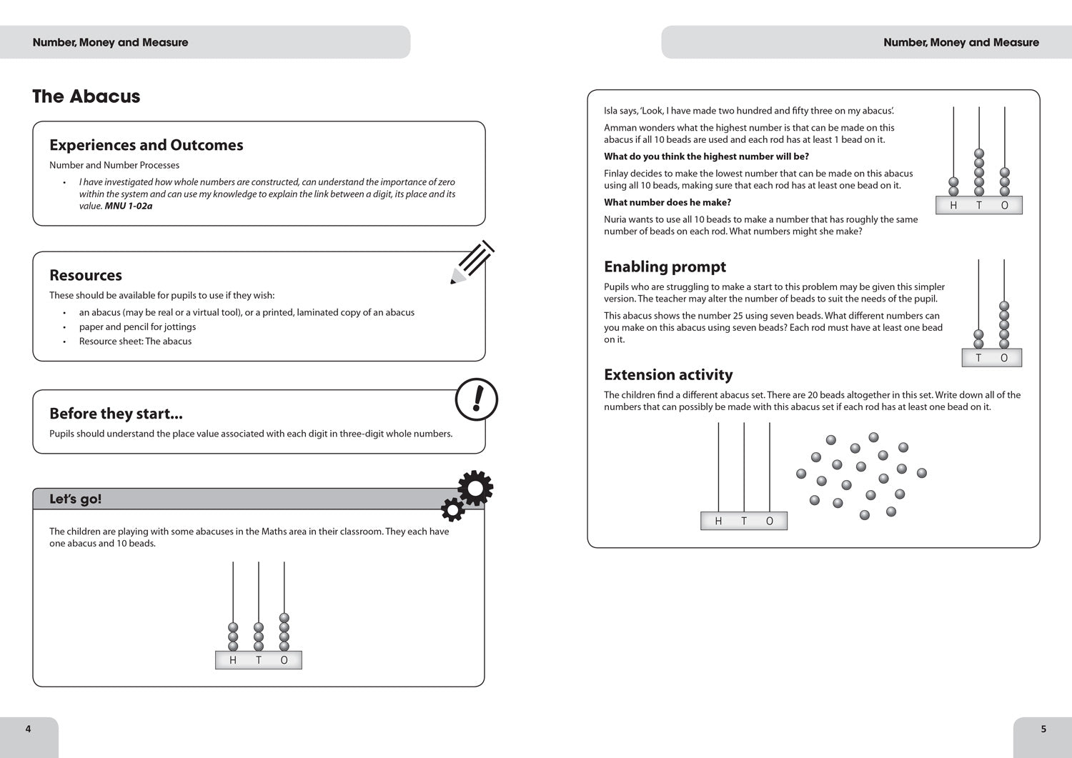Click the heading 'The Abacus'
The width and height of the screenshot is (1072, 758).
(x=86, y=96)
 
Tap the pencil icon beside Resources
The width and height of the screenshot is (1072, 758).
(x=472, y=262)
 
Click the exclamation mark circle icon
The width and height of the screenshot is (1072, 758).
(x=476, y=399)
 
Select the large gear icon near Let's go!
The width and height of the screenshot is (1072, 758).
(x=475, y=488)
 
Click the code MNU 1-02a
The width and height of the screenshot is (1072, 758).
(x=129, y=206)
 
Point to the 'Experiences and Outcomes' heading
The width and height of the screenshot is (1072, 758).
(x=146, y=145)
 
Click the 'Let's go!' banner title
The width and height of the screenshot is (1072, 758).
(x=75, y=499)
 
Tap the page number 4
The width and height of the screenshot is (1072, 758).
(x=29, y=729)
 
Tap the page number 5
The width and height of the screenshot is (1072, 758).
(x=1043, y=729)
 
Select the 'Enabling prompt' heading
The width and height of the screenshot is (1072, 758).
(x=665, y=266)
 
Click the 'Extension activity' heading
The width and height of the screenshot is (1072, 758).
(x=668, y=375)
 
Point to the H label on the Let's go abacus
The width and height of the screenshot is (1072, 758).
(x=233, y=660)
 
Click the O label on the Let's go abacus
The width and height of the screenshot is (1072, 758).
(x=284, y=660)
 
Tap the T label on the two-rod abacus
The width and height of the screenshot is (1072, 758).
(x=978, y=358)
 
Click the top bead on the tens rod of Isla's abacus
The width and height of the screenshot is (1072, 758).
(x=979, y=154)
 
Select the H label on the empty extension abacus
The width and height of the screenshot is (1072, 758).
(x=718, y=521)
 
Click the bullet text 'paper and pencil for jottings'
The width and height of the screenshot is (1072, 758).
(x=137, y=326)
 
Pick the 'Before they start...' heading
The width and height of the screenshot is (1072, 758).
(x=116, y=414)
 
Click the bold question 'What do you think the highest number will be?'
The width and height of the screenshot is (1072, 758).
(x=706, y=156)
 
